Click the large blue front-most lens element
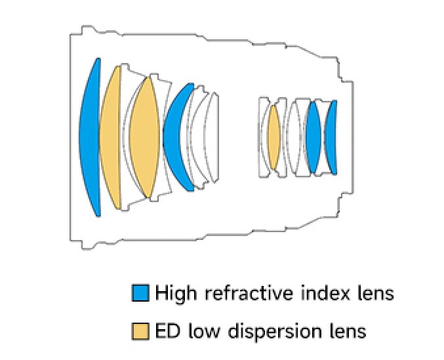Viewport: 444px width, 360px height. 89,138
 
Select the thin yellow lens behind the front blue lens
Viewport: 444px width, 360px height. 110,138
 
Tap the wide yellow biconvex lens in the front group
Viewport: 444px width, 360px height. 145,138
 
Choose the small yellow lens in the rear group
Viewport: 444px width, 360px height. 273,137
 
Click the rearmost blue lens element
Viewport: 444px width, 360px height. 332,137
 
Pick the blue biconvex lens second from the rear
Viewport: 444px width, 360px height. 314,137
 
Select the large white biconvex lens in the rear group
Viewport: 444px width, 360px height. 292,137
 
